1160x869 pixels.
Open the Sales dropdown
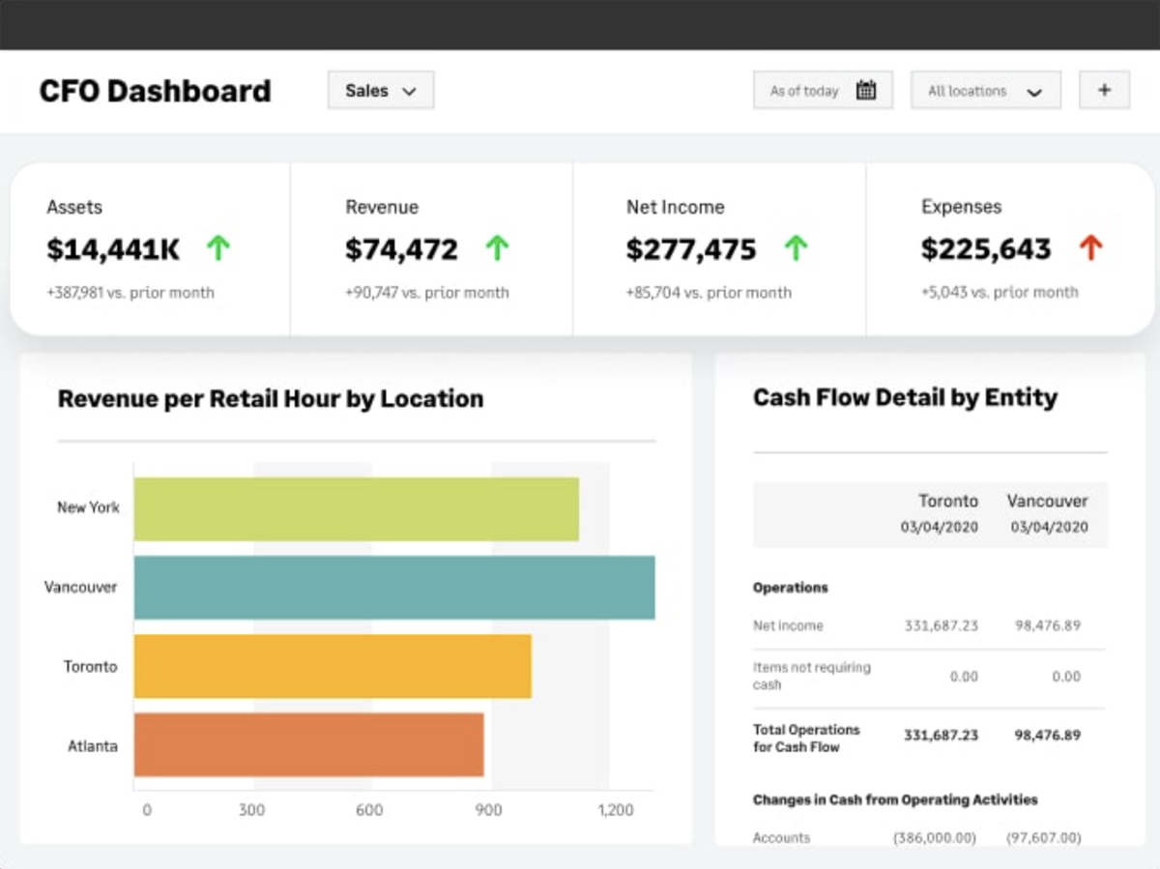tap(381, 91)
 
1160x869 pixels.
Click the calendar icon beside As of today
tap(866, 91)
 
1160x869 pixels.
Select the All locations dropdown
tap(985, 91)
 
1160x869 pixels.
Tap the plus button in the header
tap(1104, 91)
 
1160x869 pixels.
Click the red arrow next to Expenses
tap(1090, 249)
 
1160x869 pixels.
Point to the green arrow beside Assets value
tap(218, 249)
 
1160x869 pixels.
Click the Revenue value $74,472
tap(401, 249)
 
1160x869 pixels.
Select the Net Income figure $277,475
tap(690, 249)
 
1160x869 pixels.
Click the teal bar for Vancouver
tap(393, 588)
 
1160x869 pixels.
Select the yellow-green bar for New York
tap(356, 508)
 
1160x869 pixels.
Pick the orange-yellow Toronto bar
tap(333, 666)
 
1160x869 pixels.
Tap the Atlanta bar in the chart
tap(308, 745)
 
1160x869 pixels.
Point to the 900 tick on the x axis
tap(489, 810)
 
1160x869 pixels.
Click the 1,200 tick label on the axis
tap(615, 810)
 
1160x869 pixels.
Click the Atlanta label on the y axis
tap(93, 746)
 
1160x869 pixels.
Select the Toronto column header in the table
tap(947, 502)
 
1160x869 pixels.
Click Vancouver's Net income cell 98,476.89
tap(1047, 625)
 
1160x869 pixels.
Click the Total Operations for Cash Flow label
tap(806, 739)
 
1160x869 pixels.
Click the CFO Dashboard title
tap(155, 91)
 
